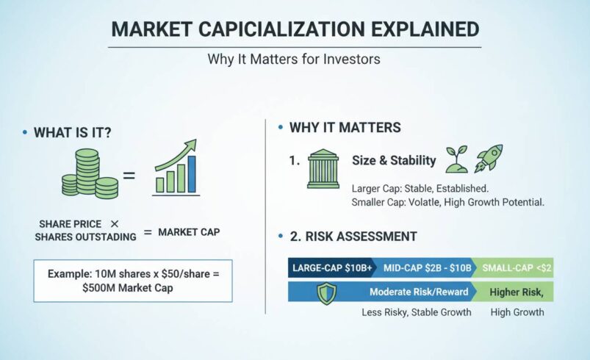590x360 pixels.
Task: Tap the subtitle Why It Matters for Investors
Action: click(x=295, y=59)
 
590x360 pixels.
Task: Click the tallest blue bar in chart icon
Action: click(x=192, y=174)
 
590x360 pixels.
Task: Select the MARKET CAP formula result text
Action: click(x=189, y=232)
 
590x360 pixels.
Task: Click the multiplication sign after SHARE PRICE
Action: click(x=114, y=223)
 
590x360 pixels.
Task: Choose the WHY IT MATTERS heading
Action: click(x=345, y=128)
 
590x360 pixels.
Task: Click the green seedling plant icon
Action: click(x=456, y=157)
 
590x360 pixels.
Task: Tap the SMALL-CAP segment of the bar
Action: click(x=514, y=268)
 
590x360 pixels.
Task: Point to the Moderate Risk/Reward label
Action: click(x=418, y=292)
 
